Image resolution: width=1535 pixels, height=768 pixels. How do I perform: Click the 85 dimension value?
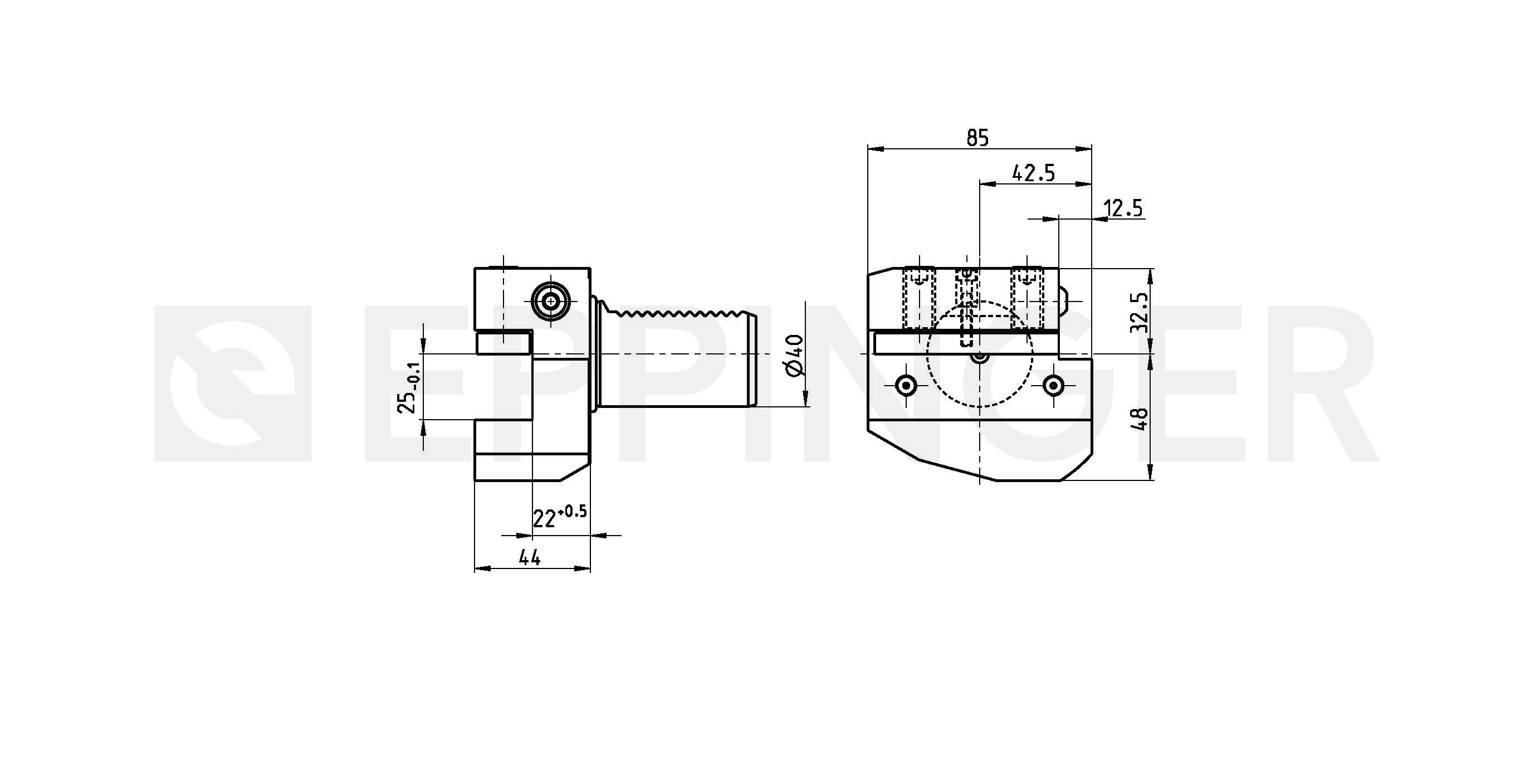[977, 138]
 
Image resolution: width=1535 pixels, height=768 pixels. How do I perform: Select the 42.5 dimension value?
[1033, 173]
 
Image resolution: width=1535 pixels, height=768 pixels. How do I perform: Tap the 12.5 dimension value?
[1123, 208]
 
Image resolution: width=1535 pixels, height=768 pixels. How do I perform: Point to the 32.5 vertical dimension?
[1139, 312]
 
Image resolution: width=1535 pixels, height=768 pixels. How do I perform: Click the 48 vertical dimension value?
[1139, 419]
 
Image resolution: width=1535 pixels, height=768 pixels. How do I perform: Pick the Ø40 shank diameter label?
[795, 356]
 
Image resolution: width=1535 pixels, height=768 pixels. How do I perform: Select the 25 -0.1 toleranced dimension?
[410, 387]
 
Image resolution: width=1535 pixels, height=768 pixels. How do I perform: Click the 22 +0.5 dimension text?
[560, 516]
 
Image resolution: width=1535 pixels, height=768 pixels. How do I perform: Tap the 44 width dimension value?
[529, 557]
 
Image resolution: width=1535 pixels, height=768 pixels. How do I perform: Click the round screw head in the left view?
[551, 302]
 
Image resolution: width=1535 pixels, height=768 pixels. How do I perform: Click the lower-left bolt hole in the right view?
[906, 386]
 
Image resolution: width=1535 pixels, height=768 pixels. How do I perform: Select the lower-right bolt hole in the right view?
[1053, 386]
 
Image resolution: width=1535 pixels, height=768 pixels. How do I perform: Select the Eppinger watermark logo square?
[232, 383]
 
